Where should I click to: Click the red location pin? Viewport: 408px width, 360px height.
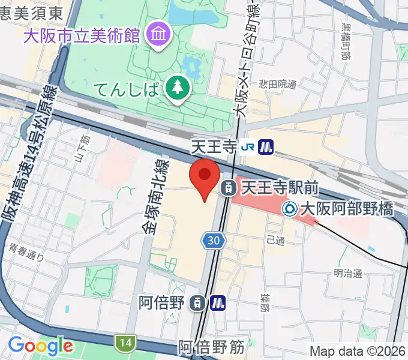point(204,178)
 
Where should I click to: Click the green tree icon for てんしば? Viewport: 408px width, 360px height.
point(178,88)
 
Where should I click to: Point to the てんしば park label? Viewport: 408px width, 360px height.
point(127,91)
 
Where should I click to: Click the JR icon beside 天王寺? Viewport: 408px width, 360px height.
point(247,146)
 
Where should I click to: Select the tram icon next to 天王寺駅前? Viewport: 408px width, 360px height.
point(229,188)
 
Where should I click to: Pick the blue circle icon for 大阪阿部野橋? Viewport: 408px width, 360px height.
point(290,209)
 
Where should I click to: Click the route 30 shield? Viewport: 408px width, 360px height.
point(214,241)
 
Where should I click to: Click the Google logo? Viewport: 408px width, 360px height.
point(40,346)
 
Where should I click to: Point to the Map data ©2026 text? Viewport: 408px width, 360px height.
point(358,351)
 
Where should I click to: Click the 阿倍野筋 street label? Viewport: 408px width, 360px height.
point(211,347)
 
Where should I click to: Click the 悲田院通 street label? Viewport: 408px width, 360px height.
point(277,85)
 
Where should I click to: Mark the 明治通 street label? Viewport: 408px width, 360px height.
point(349,274)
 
